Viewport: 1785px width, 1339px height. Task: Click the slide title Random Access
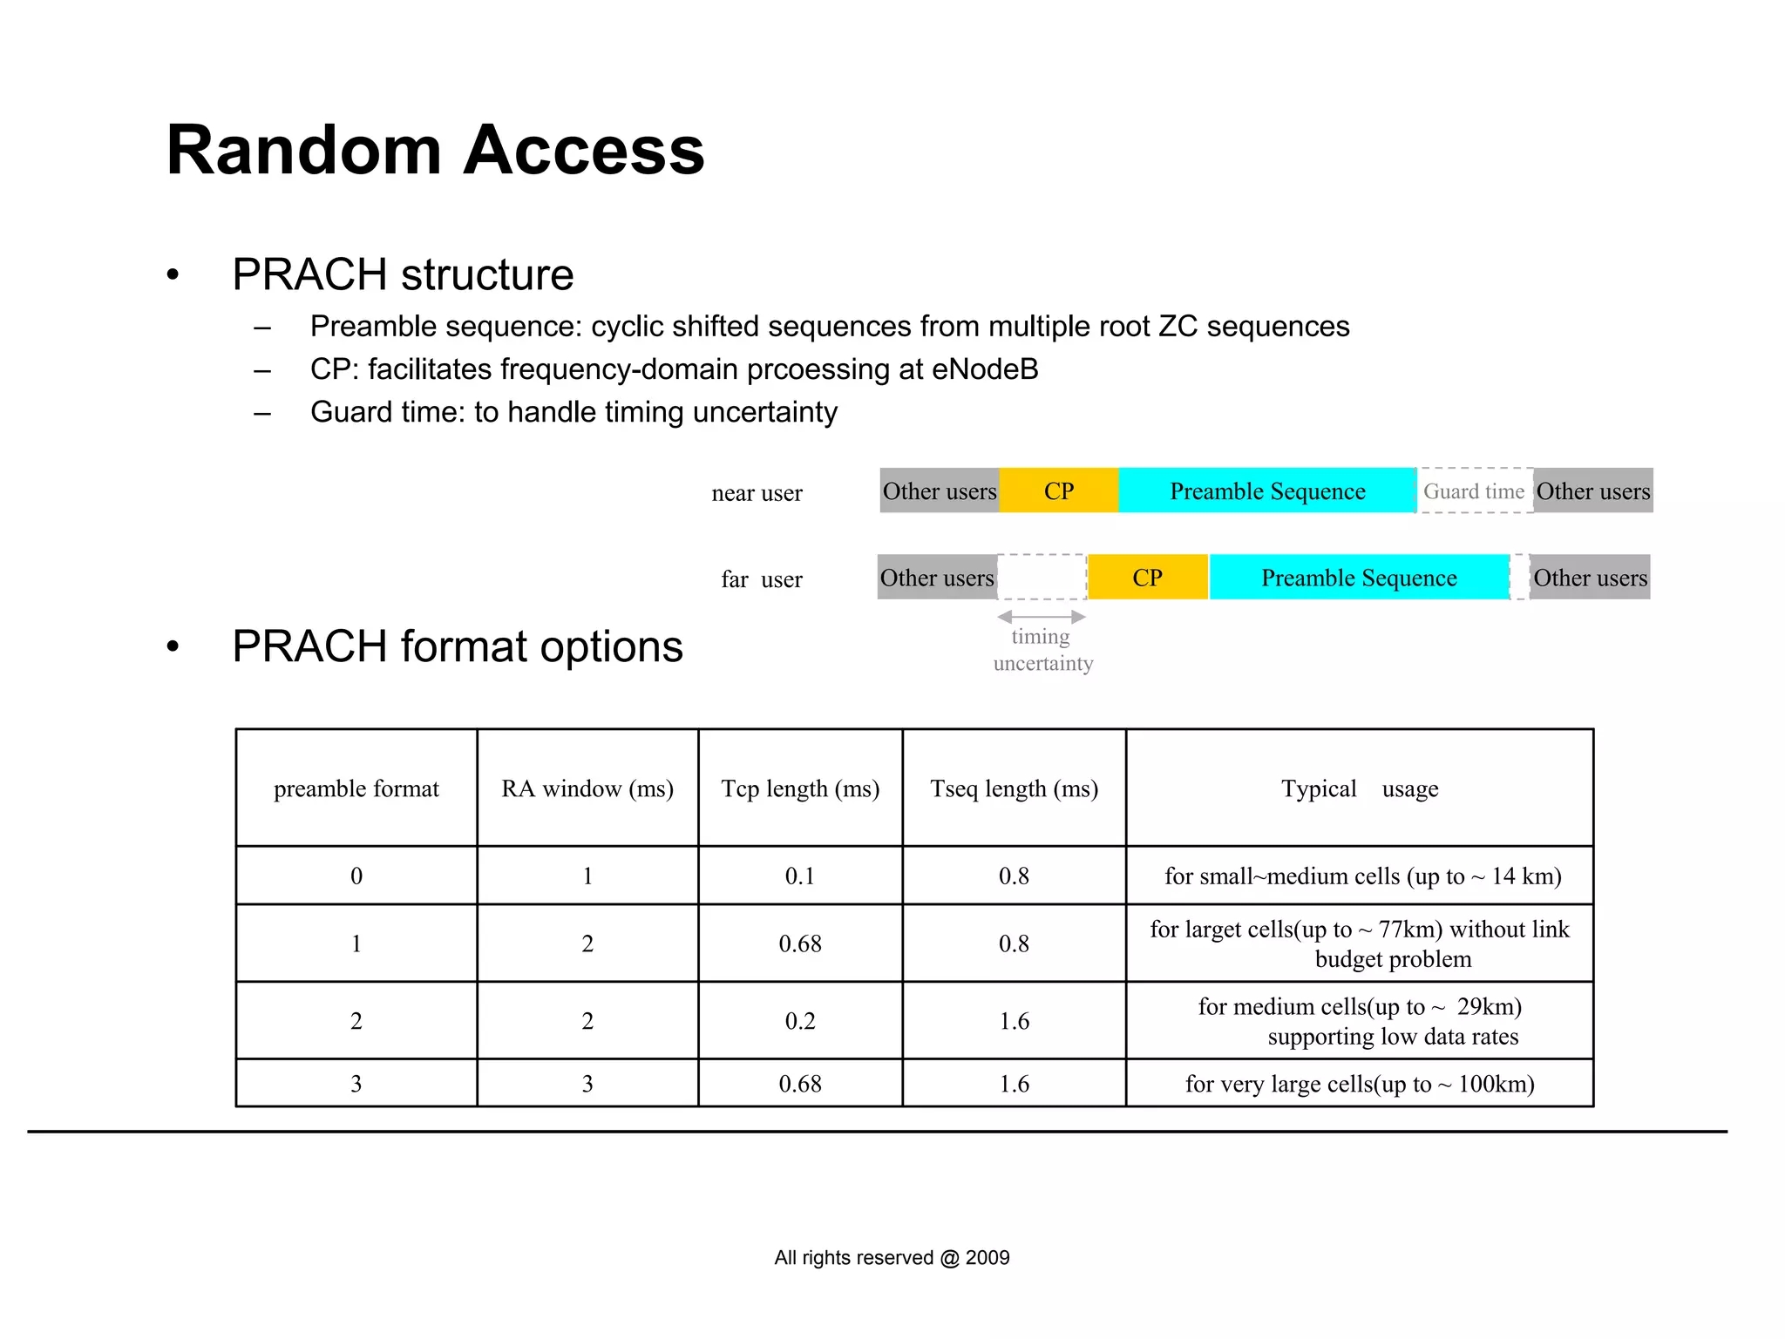coord(435,150)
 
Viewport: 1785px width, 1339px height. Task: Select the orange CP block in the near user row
coord(1058,490)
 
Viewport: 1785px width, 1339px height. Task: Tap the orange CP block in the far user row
coord(1147,578)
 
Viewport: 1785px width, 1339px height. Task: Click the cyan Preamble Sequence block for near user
coord(1266,490)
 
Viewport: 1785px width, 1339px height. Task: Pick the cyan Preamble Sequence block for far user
coord(1359,578)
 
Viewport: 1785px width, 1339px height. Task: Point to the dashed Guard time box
coord(1474,490)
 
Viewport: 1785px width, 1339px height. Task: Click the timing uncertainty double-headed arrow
coord(1042,617)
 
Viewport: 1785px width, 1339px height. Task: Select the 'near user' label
coord(757,493)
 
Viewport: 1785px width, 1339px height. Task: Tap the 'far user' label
coord(761,579)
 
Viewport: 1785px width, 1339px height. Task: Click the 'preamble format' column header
coord(356,788)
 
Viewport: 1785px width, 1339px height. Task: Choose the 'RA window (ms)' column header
coord(587,788)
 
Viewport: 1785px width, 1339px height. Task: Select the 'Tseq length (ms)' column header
coord(1014,788)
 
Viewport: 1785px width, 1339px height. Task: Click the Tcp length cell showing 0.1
coord(799,876)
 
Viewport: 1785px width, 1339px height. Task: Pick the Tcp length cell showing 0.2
coord(799,1020)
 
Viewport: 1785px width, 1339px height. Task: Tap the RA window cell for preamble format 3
coord(587,1084)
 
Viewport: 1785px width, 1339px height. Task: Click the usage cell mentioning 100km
coord(1359,1084)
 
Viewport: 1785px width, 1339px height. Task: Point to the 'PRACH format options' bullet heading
coord(457,646)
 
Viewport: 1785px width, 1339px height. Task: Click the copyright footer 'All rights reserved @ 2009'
coord(892,1257)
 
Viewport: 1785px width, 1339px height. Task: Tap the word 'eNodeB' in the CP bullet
coord(985,369)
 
